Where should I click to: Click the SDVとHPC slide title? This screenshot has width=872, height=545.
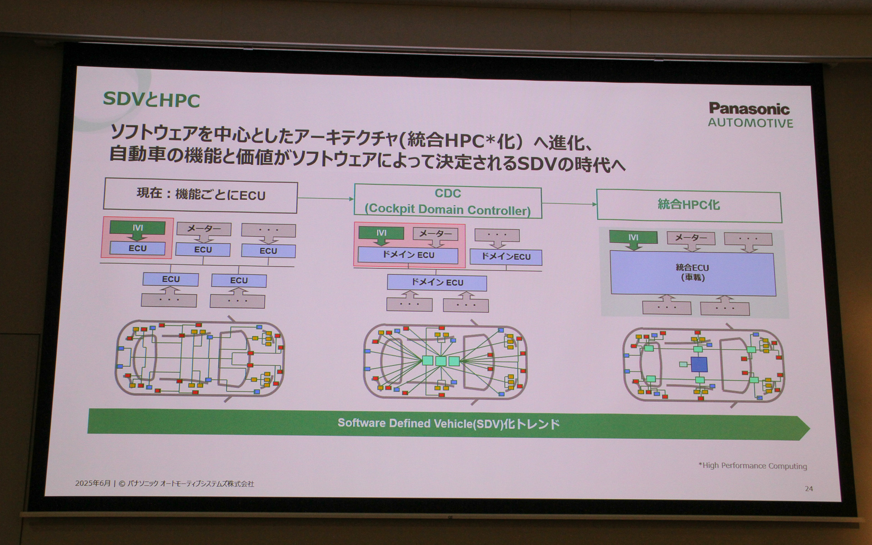(151, 99)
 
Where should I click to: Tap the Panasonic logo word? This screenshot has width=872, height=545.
(749, 109)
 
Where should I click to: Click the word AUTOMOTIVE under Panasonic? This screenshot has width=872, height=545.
(750, 123)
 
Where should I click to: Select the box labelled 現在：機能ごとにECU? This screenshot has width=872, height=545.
(200, 196)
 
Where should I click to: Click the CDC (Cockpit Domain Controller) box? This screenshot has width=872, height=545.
(447, 202)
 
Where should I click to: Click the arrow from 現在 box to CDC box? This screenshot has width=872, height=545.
(325, 198)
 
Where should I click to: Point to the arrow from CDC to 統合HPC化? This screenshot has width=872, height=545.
(569, 204)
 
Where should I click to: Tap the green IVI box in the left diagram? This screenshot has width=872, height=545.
(138, 228)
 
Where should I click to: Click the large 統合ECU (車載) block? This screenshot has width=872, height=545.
(692, 273)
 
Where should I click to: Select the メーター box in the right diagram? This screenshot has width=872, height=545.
(690, 238)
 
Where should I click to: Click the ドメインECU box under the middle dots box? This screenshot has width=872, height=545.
(505, 257)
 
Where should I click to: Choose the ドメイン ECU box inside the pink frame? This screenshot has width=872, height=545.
(407, 255)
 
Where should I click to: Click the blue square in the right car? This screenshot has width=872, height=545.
(699, 364)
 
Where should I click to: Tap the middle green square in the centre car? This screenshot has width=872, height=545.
(441, 361)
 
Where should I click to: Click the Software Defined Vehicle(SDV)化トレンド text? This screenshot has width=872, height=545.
(448, 424)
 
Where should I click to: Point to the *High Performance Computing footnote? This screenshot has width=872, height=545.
(752, 466)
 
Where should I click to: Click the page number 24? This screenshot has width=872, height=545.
(808, 489)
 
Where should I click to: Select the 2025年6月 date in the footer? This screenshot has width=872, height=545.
(93, 483)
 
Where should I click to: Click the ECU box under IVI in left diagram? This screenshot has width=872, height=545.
(138, 248)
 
